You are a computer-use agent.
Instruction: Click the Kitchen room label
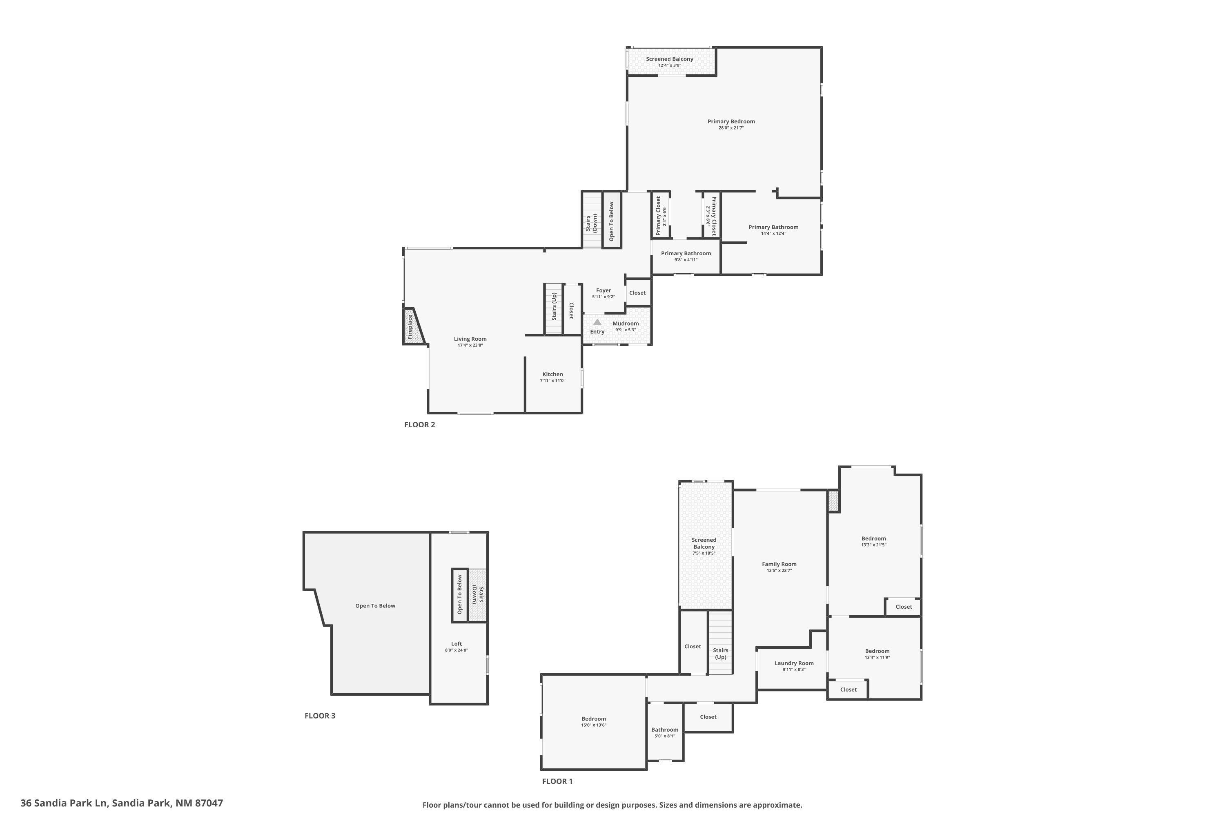coord(552,374)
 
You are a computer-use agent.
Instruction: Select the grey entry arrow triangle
coord(597,323)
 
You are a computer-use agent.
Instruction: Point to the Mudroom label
coord(626,324)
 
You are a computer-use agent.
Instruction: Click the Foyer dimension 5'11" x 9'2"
coord(604,297)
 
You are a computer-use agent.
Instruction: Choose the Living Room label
coord(470,339)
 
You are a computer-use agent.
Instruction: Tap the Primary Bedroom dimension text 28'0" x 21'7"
coord(731,127)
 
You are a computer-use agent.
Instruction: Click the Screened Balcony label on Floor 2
coord(670,59)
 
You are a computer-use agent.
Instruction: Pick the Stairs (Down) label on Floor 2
coord(591,223)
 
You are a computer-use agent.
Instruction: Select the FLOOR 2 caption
coord(420,425)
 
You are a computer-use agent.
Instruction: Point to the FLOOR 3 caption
coord(320,716)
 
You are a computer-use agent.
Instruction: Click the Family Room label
coord(779,564)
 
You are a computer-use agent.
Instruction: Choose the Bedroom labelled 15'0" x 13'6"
coord(594,719)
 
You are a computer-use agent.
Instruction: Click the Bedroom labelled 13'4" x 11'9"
coord(878,651)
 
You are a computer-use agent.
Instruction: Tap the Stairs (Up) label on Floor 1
coord(721,653)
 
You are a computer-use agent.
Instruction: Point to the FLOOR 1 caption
coord(557,781)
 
